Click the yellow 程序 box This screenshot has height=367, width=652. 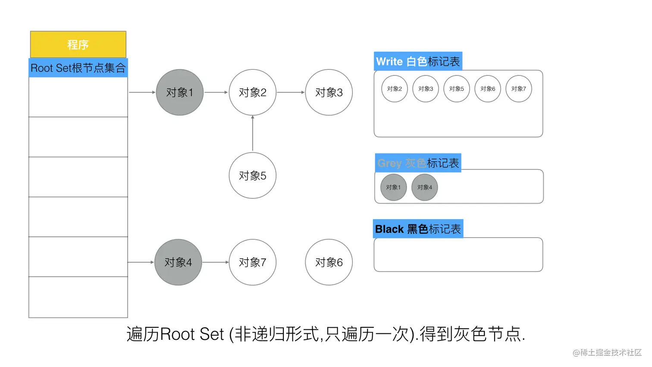point(78,44)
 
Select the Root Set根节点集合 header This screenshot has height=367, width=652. point(78,68)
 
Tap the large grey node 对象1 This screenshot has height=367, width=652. point(179,92)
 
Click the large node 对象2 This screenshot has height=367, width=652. point(252,92)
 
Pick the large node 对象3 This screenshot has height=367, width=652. point(329,92)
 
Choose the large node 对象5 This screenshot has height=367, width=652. point(252,176)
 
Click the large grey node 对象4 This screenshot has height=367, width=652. point(178,262)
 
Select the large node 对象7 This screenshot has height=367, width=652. point(252,262)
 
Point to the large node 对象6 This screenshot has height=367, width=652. point(329,262)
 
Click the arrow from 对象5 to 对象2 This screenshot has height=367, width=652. point(253,134)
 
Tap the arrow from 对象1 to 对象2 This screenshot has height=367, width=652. point(216,92)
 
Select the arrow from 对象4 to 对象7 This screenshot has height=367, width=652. point(215,262)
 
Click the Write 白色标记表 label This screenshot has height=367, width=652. point(418,62)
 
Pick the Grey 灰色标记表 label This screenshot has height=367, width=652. point(418,163)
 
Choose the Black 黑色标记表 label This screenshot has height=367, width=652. point(418,229)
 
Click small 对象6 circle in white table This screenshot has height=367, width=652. point(488,89)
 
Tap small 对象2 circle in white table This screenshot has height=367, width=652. point(395,89)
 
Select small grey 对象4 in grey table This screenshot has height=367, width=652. point(425,188)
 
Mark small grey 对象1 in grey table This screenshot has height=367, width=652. point(393,188)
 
